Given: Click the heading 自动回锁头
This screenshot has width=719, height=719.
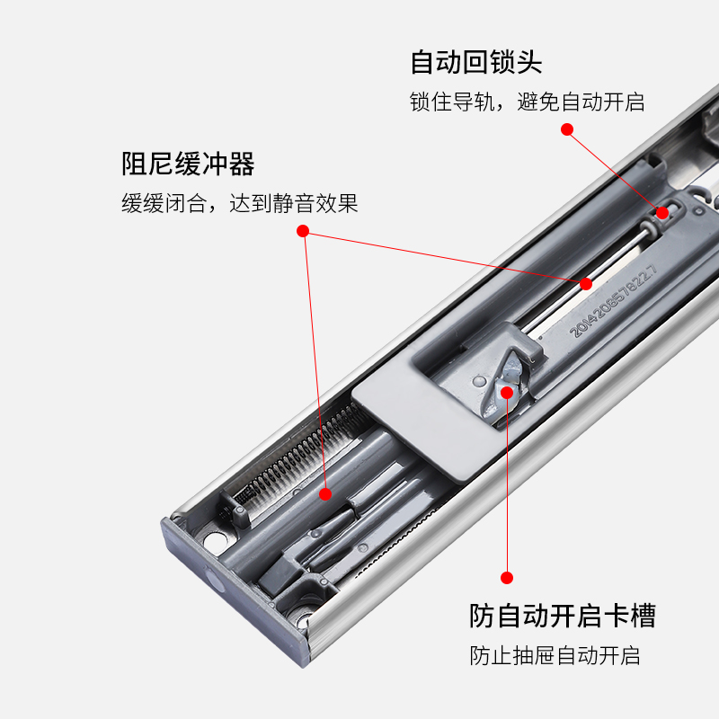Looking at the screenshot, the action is point(476,63).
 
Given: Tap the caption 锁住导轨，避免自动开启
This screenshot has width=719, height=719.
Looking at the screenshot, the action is point(527,102).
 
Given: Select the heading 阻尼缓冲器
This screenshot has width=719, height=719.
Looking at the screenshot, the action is point(189,164).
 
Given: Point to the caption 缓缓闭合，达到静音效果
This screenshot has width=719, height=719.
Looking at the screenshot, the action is point(240,204).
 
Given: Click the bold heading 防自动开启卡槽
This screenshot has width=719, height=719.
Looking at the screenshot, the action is point(563,616).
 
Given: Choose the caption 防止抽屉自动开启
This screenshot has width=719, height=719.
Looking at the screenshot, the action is point(555,655).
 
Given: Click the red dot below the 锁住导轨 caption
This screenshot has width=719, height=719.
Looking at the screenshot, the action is point(567,129).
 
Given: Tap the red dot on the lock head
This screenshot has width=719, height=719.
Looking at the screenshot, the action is point(662,213).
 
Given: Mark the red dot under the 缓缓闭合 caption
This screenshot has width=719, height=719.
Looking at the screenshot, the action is point(303,232).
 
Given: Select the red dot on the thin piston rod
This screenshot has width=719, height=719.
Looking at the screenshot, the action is point(586,284).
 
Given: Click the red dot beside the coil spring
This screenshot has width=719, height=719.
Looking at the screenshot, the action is point(325,493).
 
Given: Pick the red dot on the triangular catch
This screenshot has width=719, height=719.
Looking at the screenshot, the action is point(507,392).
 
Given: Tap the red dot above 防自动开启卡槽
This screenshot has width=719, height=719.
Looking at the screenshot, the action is point(507,578).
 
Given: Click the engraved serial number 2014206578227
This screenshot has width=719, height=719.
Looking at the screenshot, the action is point(614,302).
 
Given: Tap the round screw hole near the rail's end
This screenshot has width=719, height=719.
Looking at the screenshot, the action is point(215,542).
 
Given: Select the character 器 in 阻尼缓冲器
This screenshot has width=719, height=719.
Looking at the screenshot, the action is point(242,164).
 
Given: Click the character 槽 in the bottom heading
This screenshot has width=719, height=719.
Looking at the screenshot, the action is point(643,616).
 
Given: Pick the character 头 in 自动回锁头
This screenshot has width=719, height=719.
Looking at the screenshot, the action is point(529,63).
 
